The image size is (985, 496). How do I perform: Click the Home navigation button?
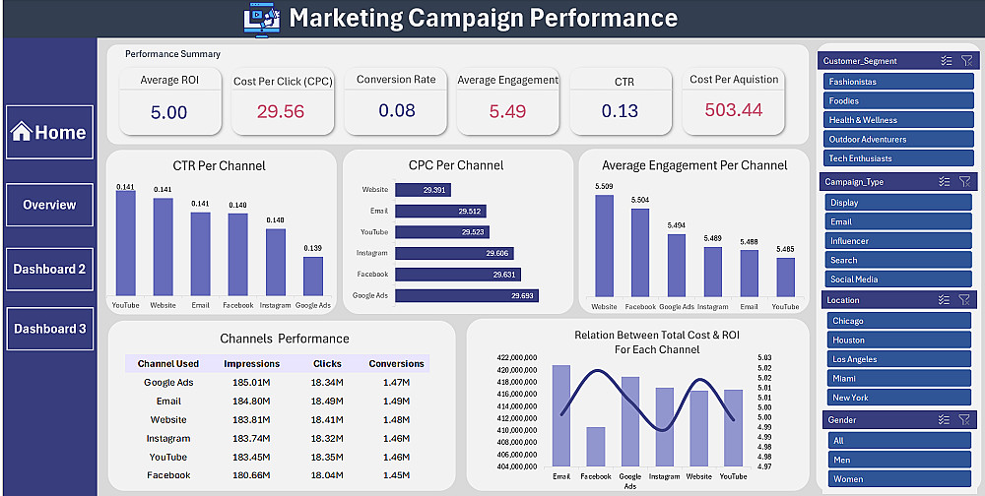pyautogui.click(x=49, y=133)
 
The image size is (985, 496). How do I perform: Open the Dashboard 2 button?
pyautogui.click(x=49, y=269)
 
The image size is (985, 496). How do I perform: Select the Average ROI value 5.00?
pyautogui.click(x=168, y=112)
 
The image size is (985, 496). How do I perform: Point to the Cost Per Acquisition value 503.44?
pyautogui.click(x=734, y=110)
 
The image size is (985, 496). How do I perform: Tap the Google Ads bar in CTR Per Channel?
pyautogui.click(x=313, y=277)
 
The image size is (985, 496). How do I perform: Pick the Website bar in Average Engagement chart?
pyautogui.click(x=604, y=246)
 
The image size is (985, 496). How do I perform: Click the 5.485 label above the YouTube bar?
pyautogui.click(x=785, y=249)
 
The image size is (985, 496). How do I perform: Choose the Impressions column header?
pyautogui.click(x=252, y=364)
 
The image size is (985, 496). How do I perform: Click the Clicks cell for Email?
pyautogui.click(x=327, y=402)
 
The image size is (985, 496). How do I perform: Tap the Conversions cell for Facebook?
pyautogui.click(x=396, y=475)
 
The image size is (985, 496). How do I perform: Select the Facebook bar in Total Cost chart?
pyautogui.click(x=596, y=446)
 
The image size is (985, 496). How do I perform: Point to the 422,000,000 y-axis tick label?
pyautogui.click(x=517, y=358)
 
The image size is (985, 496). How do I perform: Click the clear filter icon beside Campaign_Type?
pyautogui.click(x=964, y=182)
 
